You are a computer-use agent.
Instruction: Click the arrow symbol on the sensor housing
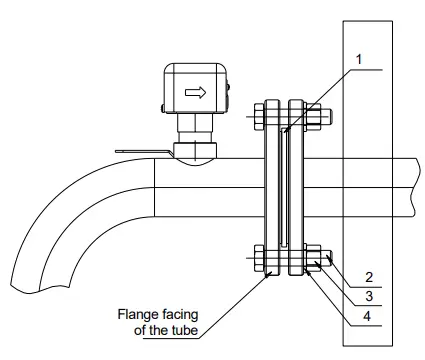click(196, 94)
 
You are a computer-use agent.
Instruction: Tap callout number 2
click(368, 276)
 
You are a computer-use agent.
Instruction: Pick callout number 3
click(368, 296)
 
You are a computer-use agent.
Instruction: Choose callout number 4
click(368, 316)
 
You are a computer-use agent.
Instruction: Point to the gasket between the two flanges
click(285, 190)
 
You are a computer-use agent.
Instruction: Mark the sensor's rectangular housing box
click(194, 89)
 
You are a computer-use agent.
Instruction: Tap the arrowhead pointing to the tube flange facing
click(267, 275)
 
